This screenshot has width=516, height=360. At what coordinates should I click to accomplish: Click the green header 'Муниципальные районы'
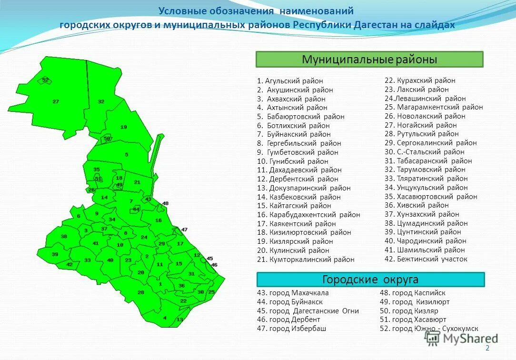[369, 60]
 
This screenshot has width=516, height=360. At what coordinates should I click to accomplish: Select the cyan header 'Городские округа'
[370, 280]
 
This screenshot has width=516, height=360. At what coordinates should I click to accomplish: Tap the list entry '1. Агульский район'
[290, 81]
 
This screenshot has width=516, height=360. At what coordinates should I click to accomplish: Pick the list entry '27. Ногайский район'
[420, 125]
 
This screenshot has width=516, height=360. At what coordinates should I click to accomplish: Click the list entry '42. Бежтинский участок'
[426, 259]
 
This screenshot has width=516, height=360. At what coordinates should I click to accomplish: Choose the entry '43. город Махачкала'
[292, 293]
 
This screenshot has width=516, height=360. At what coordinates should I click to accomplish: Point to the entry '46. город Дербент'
[288, 320]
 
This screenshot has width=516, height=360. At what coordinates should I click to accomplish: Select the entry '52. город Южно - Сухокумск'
[429, 329]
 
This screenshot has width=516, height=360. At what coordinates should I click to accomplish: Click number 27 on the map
[56, 101]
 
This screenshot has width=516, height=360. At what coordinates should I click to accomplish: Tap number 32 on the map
[101, 101]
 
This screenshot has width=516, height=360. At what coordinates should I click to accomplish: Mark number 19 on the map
[124, 127]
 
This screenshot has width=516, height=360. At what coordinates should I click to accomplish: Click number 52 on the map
[45, 80]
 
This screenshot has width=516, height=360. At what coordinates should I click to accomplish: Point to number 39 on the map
[55, 254]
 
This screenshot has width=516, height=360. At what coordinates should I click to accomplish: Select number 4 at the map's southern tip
[165, 318]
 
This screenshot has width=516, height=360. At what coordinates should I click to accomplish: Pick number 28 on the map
[141, 292]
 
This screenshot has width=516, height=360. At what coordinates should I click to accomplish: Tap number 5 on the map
[127, 154]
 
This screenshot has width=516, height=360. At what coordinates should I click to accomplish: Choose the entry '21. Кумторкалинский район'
[306, 260]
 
